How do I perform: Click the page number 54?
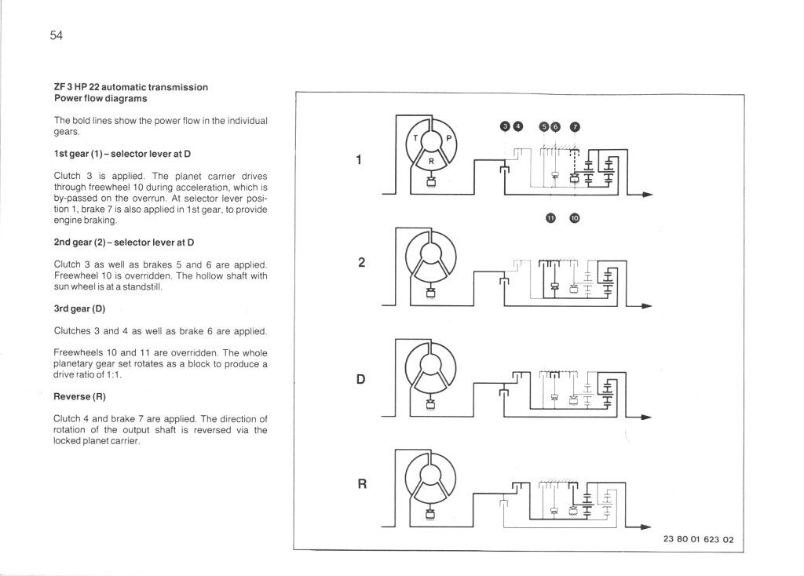click(x=56, y=35)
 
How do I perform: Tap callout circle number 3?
click(x=506, y=127)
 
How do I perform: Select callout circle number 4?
click(x=518, y=127)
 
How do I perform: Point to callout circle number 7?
click(x=575, y=127)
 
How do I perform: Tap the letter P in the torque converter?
click(x=449, y=138)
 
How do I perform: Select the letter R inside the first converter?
click(x=431, y=159)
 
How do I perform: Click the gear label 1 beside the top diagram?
click(x=359, y=161)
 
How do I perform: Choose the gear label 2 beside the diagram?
click(x=360, y=263)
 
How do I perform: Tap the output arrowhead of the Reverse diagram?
click(x=648, y=527)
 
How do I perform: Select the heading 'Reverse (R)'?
click(x=79, y=396)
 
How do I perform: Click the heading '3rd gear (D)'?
click(x=79, y=308)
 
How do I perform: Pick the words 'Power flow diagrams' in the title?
click(x=100, y=99)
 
